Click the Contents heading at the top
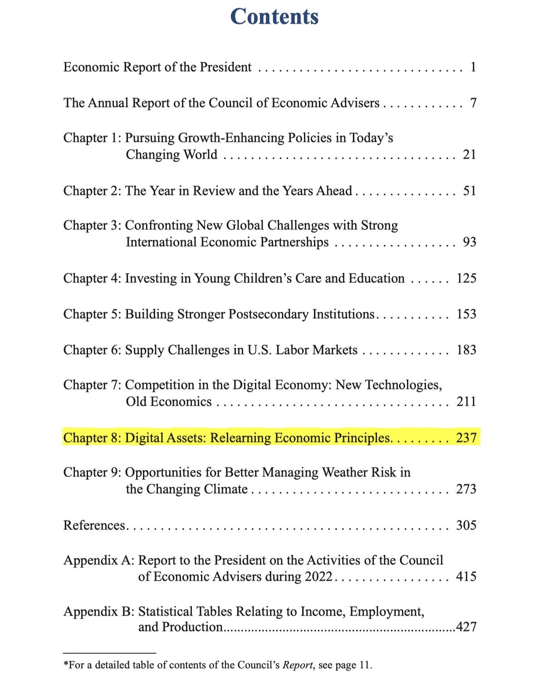coord(274,17)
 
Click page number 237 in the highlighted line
coord(466,438)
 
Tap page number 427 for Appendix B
coord(466,627)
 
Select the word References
coord(94,525)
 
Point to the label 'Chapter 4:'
coord(92,278)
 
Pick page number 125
coord(466,278)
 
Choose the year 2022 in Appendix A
coord(318,577)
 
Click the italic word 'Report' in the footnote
coord(298,665)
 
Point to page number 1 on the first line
coord(473,67)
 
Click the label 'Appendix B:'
coord(99,612)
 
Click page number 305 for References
coord(466,525)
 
